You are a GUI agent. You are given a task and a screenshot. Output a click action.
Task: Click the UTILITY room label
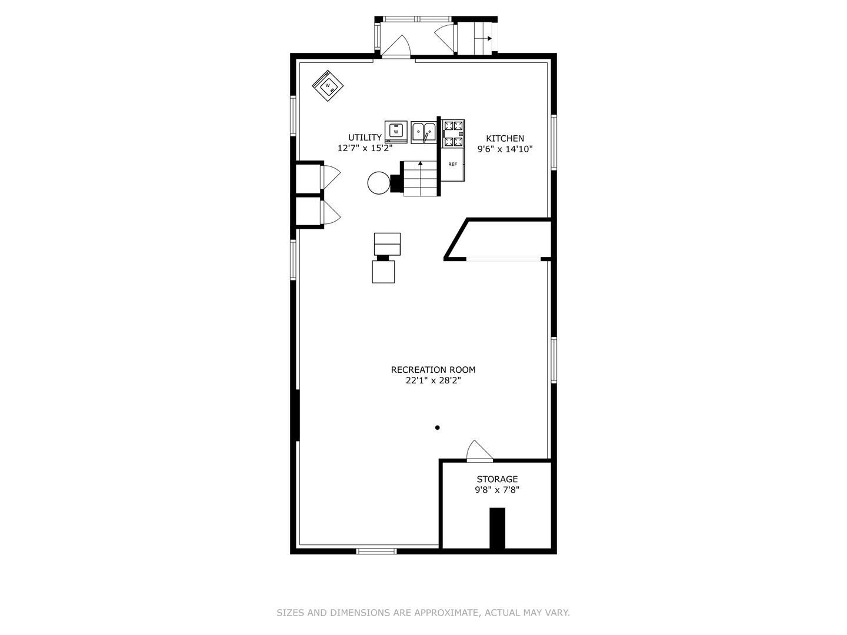pos(365,137)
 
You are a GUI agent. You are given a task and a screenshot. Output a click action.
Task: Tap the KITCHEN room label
pos(505,138)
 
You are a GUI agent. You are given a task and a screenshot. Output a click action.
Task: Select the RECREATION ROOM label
pos(433,370)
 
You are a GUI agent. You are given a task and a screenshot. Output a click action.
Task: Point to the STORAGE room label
pos(497,479)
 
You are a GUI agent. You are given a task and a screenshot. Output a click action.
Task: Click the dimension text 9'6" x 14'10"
pos(505,149)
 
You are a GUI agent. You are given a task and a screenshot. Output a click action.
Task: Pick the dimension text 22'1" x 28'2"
pos(433,380)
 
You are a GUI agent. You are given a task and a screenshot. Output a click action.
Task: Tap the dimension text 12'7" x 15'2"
pos(365,148)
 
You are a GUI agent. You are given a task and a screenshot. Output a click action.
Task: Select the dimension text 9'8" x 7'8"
pos(497,490)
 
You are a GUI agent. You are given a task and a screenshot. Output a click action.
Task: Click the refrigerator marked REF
pos(453,165)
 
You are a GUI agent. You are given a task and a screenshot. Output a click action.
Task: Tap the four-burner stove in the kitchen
pos(453,133)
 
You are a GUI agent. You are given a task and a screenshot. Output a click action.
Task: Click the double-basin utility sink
pos(423,132)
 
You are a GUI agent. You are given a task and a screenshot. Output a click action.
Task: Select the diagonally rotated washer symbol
pos(328,86)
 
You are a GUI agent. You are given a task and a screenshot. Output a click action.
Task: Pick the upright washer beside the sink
pos(396,132)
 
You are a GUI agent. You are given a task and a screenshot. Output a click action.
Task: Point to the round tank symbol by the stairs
pos(379,183)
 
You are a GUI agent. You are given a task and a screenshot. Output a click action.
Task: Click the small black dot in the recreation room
pos(437,427)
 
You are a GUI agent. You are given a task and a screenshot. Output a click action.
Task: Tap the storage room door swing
pos(479,451)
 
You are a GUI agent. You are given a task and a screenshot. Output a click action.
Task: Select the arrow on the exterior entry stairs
pos(483,39)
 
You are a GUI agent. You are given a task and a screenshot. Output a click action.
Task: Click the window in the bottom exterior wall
pos(376,552)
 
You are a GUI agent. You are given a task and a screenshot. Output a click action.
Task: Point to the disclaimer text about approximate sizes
pos(423,613)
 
